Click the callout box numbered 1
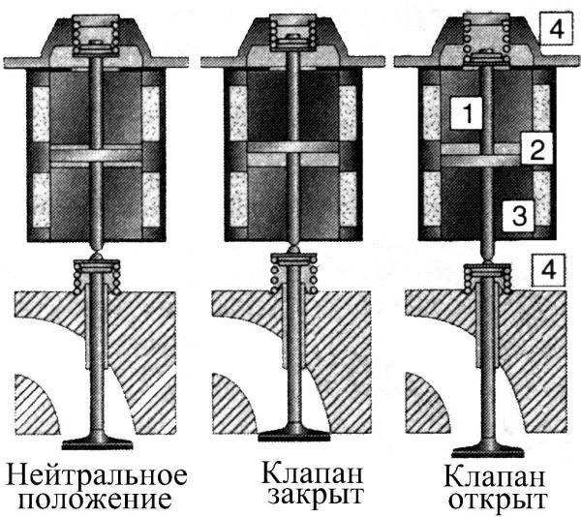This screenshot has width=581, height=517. [467, 113]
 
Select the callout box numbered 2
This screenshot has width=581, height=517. [536, 148]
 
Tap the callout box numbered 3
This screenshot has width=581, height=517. [518, 216]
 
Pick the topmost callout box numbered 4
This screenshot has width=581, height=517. [556, 29]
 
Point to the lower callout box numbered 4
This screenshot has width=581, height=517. [549, 270]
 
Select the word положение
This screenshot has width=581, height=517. [95, 500]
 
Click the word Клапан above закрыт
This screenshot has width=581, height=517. [312, 471]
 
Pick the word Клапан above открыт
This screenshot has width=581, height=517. [494, 476]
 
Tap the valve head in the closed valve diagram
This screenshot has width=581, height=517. [294, 434]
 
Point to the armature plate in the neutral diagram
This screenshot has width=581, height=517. [96, 156]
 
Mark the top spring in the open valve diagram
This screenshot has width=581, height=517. [486, 40]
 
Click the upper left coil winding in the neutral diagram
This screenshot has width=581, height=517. [41, 114]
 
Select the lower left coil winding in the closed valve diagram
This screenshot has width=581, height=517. [238, 199]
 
